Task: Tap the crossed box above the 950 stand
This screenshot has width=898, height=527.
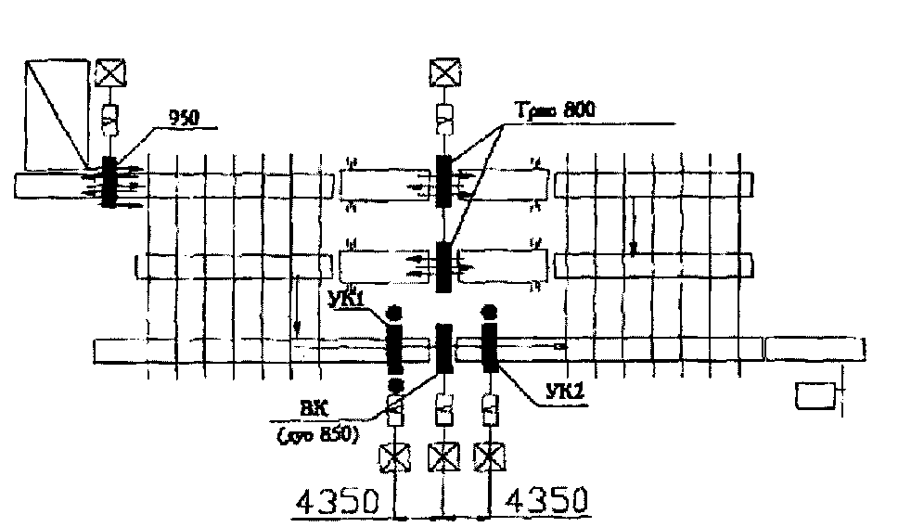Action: (110, 72)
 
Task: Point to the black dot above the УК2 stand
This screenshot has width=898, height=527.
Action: (488, 311)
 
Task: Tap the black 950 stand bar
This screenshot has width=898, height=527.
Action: (109, 182)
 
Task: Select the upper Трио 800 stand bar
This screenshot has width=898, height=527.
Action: (443, 182)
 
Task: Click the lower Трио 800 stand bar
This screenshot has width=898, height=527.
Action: (443, 266)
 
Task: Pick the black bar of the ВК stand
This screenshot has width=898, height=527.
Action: (443, 350)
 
